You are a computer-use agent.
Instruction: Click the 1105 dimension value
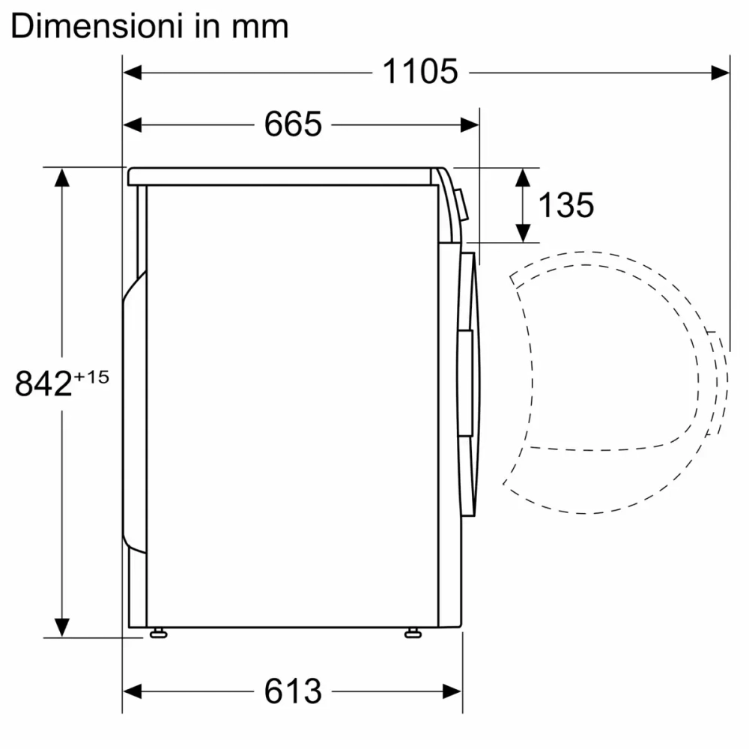(419, 72)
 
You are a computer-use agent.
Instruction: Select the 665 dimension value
(292, 124)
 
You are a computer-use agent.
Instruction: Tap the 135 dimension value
(566, 204)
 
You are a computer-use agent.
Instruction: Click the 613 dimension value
(292, 690)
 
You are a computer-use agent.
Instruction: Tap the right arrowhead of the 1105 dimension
(721, 72)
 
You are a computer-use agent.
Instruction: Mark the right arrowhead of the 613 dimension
(452, 690)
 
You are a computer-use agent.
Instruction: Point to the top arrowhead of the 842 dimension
(61, 177)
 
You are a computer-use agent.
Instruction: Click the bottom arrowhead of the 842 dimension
(61, 626)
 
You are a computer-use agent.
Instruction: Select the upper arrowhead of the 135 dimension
(524, 177)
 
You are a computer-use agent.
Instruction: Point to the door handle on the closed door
(467, 382)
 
